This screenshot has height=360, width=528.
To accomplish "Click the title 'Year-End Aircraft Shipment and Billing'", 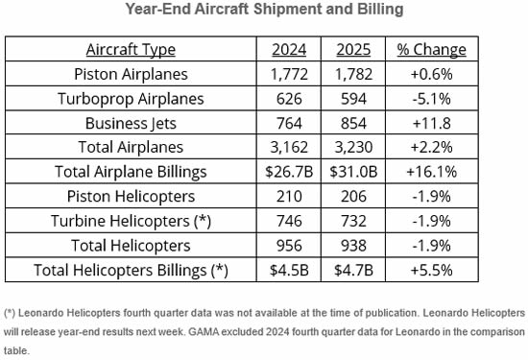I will tap(264, 11).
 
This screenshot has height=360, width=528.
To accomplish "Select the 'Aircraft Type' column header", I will tap(132, 50).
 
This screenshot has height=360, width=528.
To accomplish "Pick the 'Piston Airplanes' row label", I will tap(132, 74).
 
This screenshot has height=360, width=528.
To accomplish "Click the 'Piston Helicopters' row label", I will tap(132, 197).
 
